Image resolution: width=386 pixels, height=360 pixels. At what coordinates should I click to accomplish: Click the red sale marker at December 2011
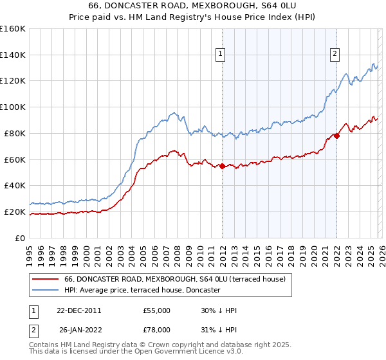click(222, 166)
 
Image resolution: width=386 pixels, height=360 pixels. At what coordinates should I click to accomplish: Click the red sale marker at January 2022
click(336, 136)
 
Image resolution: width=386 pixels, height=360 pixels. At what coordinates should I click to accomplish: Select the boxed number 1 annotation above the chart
click(221, 55)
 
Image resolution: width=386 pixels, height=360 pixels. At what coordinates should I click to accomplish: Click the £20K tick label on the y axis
click(15, 212)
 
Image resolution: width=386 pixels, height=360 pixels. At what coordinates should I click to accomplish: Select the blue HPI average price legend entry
click(142, 291)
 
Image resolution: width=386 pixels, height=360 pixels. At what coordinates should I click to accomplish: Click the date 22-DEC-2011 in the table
click(79, 310)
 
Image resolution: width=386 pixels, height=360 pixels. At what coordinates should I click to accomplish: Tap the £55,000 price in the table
click(156, 310)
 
